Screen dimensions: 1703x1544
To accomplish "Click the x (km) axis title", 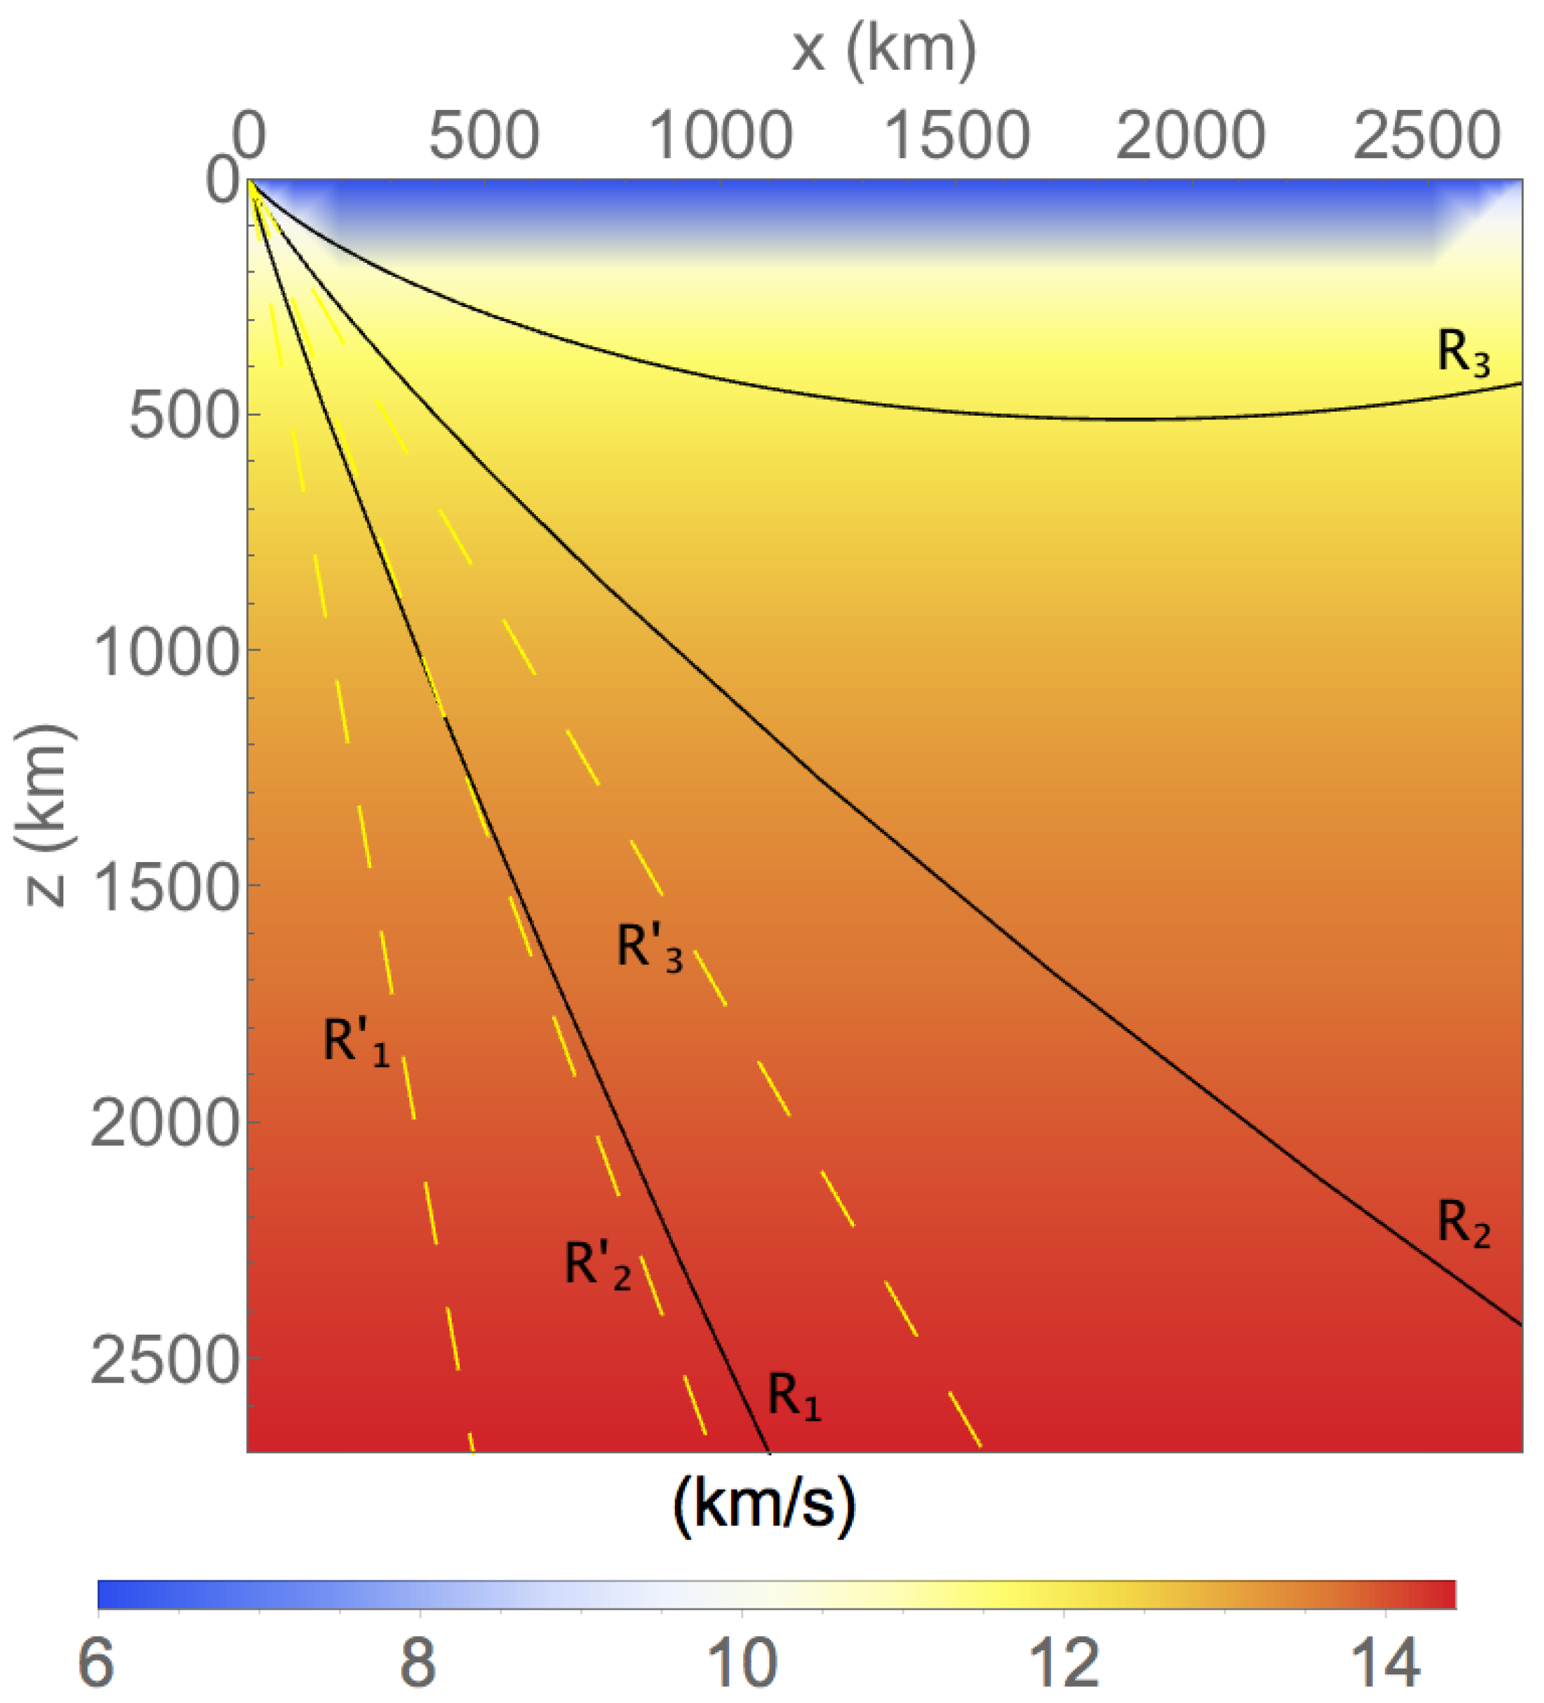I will pyautogui.click(x=884, y=51).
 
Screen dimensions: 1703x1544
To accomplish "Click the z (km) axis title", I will pyautogui.click(x=44, y=815).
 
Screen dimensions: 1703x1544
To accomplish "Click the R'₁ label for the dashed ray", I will pyautogui.click(x=356, y=1042).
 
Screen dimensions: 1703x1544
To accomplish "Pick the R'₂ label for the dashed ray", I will pyautogui.click(x=597, y=1266).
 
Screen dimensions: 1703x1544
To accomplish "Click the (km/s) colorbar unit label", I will pyautogui.click(x=764, y=1505).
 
